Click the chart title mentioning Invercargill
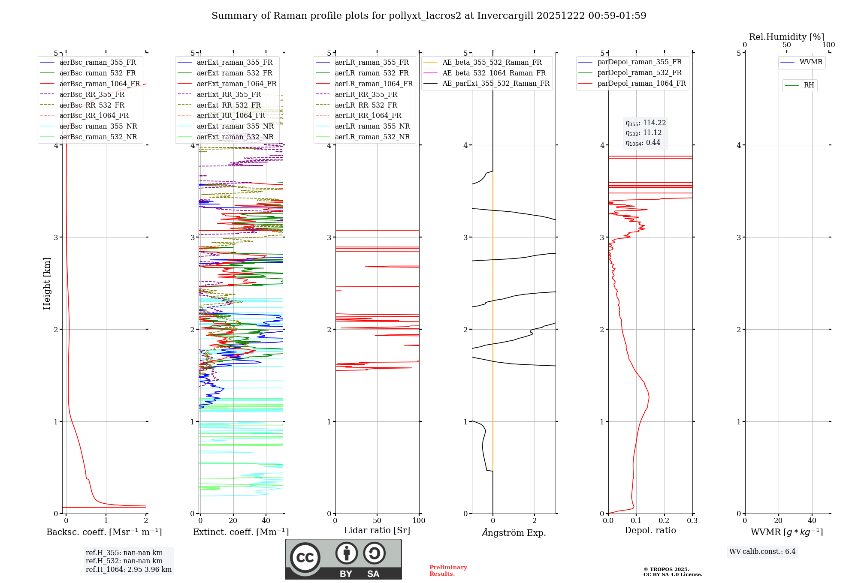[x=429, y=16]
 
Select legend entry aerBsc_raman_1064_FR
[x=100, y=84]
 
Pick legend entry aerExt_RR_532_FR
[x=229, y=105]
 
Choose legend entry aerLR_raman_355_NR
[x=372, y=126]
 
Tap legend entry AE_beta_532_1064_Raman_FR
[x=494, y=73]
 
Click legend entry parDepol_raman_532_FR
[x=639, y=73]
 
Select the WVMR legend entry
[x=811, y=62]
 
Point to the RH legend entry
[x=809, y=85]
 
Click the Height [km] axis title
[x=47, y=283]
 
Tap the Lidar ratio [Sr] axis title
[x=377, y=530]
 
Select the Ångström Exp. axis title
[x=514, y=533]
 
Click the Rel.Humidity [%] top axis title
[x=786, y=37]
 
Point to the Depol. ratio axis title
[x=650, y=530]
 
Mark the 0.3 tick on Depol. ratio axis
[x=692, y=521]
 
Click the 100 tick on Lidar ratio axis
[x=419, y=521]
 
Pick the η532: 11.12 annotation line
[x=643, y=133]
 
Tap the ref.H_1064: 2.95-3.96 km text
[x=128, y=570]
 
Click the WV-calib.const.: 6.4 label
[x=762, y=552]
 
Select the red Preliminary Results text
[x=448, y=571]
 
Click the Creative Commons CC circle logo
[x=305, y=558]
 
